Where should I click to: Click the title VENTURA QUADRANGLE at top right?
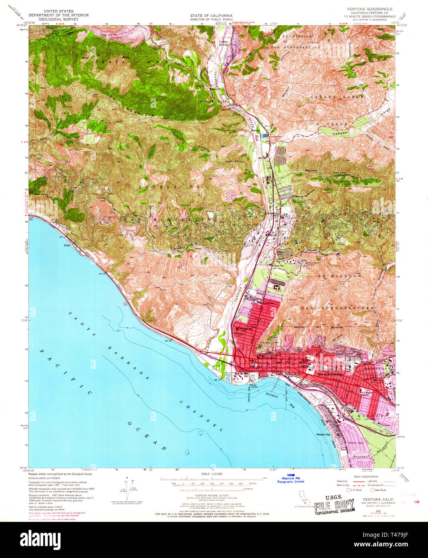point(367,9)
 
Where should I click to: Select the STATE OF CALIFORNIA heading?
point(211,16)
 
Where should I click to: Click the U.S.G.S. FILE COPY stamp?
point(334,507)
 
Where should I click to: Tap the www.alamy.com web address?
point(385,545)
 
